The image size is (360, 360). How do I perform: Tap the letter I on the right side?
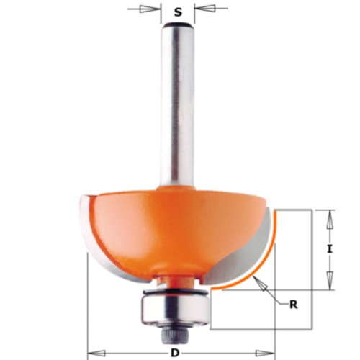pyautogui.click(x=329, y=248)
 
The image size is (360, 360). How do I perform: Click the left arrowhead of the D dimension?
pyautogui.click(x=92, y=354)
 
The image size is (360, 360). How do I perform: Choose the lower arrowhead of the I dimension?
pyautogui.click(x=329, y=283)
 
